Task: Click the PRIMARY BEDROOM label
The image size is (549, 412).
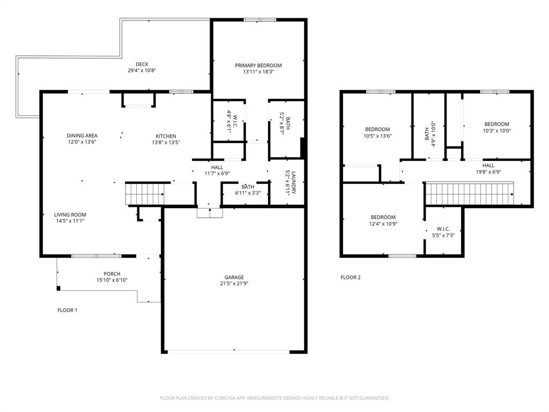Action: pos(258,65)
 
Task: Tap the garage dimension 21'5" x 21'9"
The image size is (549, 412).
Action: pos(234,284)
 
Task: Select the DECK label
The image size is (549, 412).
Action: pos(142,64)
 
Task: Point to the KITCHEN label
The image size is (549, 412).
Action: pos(166,136)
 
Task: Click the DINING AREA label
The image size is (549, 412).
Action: pos(82,136)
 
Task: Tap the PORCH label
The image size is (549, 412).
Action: pos(112,274)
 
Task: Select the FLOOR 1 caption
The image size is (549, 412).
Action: pos(68,310)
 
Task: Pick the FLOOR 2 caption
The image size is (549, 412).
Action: pos(351,277)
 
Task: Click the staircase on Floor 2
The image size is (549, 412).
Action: pos(469,193)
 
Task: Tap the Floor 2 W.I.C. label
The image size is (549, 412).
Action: pos(443,229)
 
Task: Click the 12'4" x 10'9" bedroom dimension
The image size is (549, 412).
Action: pos(383,224)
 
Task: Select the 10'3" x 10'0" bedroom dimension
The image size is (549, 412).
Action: pos(496,130)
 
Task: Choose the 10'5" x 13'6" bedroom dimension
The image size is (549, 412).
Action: pos(377,136)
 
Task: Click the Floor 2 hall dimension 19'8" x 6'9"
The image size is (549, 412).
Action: pos(488,172)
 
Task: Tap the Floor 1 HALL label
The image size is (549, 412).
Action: pos(217,167)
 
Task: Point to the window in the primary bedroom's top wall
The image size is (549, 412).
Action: pos(259,20)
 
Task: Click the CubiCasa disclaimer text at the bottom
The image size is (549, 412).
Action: pos(274,398)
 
